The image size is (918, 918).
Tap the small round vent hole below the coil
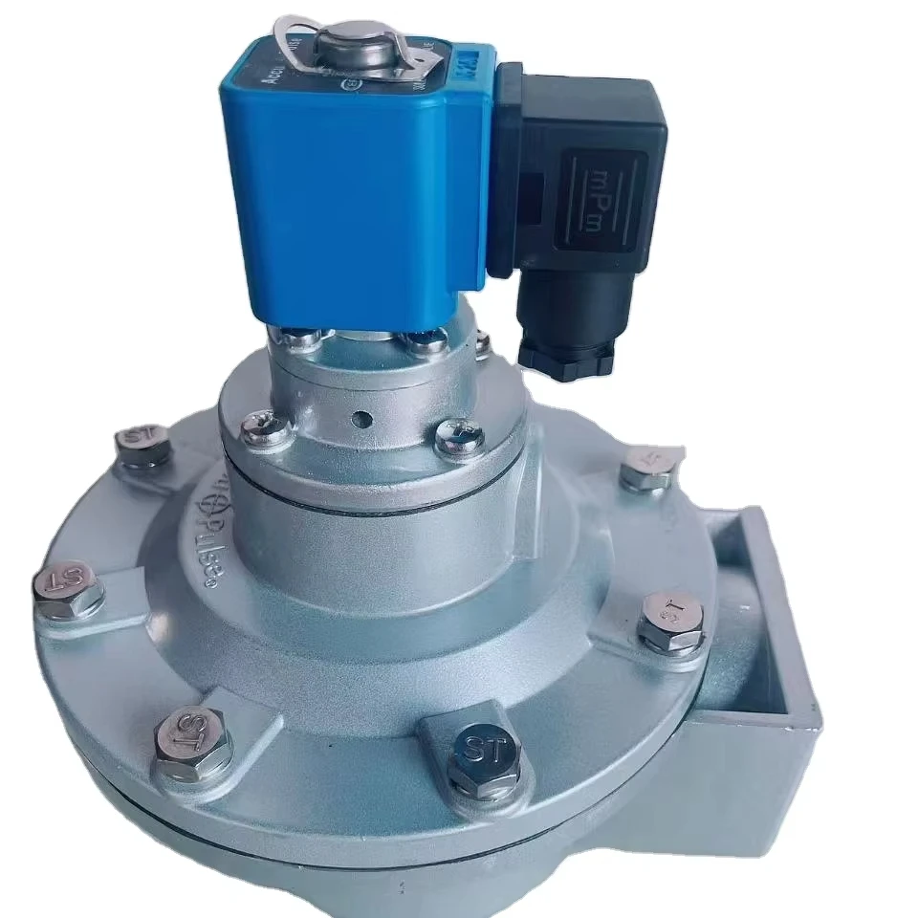[x=361, y=418]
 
